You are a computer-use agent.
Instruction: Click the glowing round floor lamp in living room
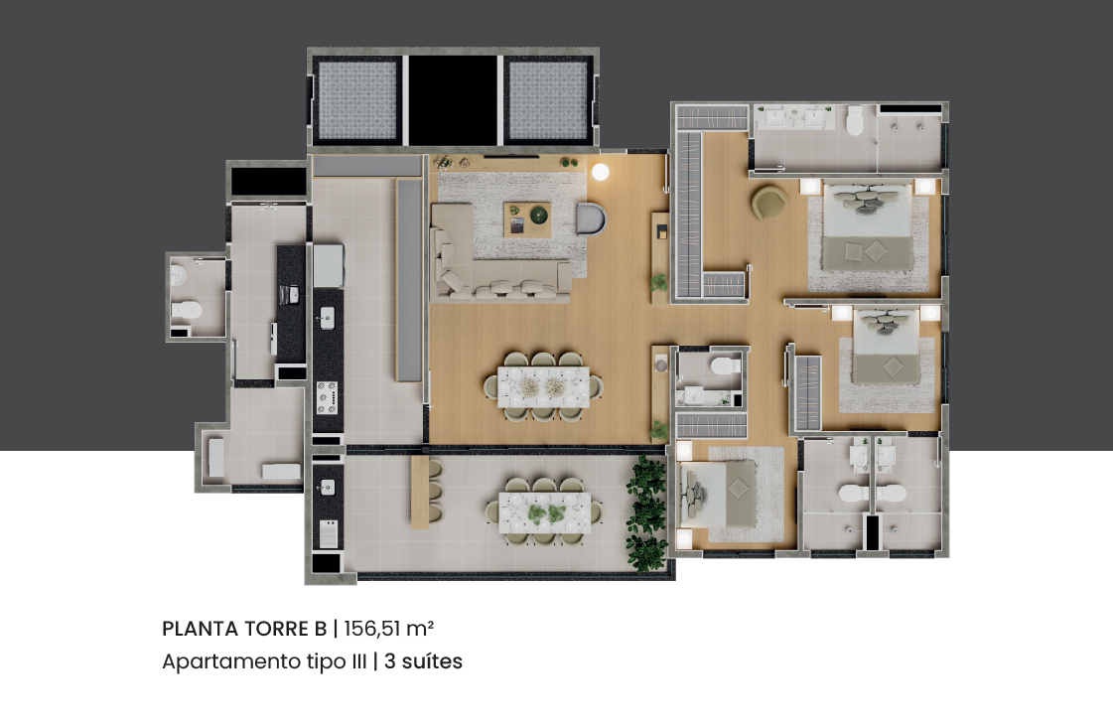click(601, 171)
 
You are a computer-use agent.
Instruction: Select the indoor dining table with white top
click(543, 387)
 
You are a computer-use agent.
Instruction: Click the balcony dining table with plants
click(544, 512)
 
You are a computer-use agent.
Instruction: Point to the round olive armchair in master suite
click(769, 203)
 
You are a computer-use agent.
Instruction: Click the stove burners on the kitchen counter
click(327, 397)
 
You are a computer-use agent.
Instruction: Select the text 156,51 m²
click(389, 629)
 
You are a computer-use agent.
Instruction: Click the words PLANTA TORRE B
click(244, 629)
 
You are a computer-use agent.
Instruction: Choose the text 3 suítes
click(423, 661)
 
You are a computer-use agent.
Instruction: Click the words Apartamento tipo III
click(264, 661)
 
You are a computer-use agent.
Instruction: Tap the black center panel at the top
click(453, 98)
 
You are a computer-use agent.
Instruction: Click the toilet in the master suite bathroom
click(855, 121)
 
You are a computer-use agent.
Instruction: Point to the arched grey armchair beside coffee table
click(592, 218)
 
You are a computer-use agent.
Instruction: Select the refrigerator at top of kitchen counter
click(329, 265)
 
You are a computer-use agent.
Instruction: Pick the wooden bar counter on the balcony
click(420, 492)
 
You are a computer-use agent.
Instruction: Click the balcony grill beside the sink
click(328, 533)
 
